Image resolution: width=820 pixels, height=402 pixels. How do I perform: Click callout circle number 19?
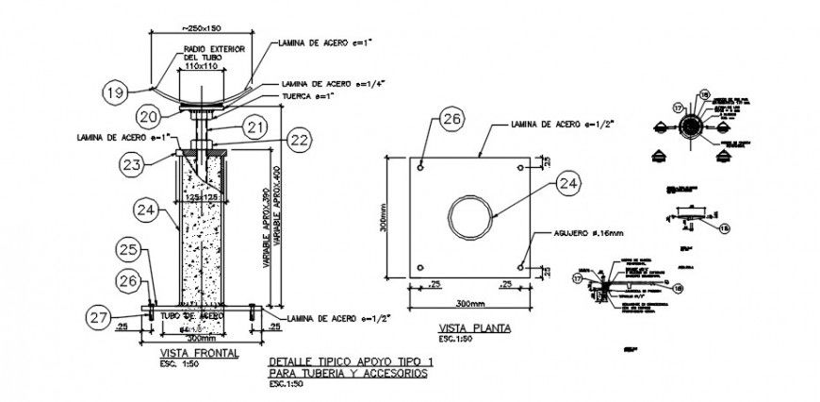[x=115, y=92]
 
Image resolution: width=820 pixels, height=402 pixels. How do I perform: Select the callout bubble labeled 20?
[x=146, y=116]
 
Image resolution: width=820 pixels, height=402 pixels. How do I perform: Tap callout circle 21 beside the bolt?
[x=257, y=126]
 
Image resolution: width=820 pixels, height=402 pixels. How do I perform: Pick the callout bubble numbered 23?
[x=131, y=164]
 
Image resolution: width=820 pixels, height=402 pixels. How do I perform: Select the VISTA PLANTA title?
[x=474, y=328]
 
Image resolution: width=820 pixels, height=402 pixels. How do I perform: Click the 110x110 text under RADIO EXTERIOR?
[x=201, y=67]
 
